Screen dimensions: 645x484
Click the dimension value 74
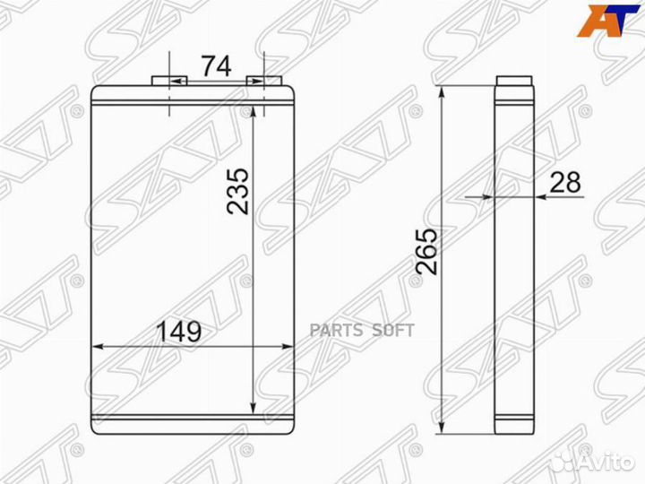pos(216,65)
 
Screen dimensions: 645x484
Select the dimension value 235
pos(238,191)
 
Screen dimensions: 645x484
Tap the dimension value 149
pos(180,331)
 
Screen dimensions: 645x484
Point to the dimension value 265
pos(427,251)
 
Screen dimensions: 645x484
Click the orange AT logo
pos(608,21)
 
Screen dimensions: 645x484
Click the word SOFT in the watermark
pos(393,330)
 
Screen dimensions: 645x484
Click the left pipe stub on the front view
pos(169,81)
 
